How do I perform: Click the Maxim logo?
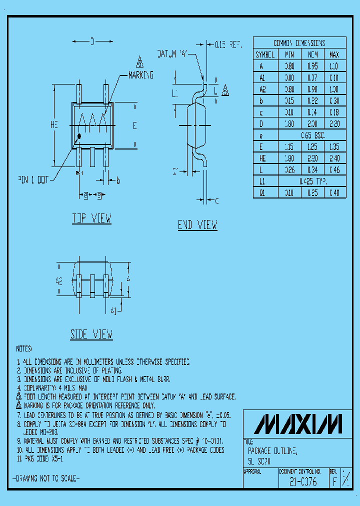[x=299, y=423]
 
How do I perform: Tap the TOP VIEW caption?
[x=91, y=218]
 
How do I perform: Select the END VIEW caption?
[x=197, y=225]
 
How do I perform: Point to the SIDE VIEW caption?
[x=91, y=334]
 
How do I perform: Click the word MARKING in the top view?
[x=141, y=75]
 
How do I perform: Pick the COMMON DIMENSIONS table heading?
[x=299, y=42]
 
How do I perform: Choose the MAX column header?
[x=333, y=54]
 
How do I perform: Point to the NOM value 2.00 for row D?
[x=312, y=124]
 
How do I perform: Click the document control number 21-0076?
[x=302, y=483]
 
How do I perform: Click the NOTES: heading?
[x=23, y=348]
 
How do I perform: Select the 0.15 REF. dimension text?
[x=228, y=45]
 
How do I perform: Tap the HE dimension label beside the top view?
[x=54, y=126]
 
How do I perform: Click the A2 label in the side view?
[x=59, y=281]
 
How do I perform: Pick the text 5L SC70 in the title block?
[x=259, y=462]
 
